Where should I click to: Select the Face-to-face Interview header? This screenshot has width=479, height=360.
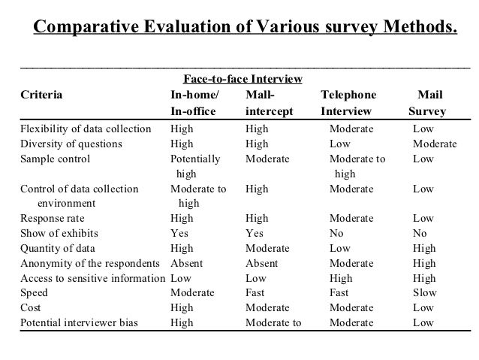coord(243,79)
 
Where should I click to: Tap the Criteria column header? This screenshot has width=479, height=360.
coord(42,95)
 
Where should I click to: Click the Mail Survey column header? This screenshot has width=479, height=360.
coord(428,104)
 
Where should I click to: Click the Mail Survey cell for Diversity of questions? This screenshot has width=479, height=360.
coord(435,144)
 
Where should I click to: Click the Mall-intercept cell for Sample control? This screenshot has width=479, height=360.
coord(267,159)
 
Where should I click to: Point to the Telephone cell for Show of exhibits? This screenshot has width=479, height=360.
coord(336,233)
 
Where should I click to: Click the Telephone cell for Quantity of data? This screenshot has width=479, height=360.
coord(339,248)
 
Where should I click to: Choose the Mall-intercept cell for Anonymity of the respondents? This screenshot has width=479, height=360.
coord(261,263)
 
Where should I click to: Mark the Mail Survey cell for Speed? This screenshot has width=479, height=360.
coord(424,293)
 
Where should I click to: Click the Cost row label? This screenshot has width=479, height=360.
coord(31,308)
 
